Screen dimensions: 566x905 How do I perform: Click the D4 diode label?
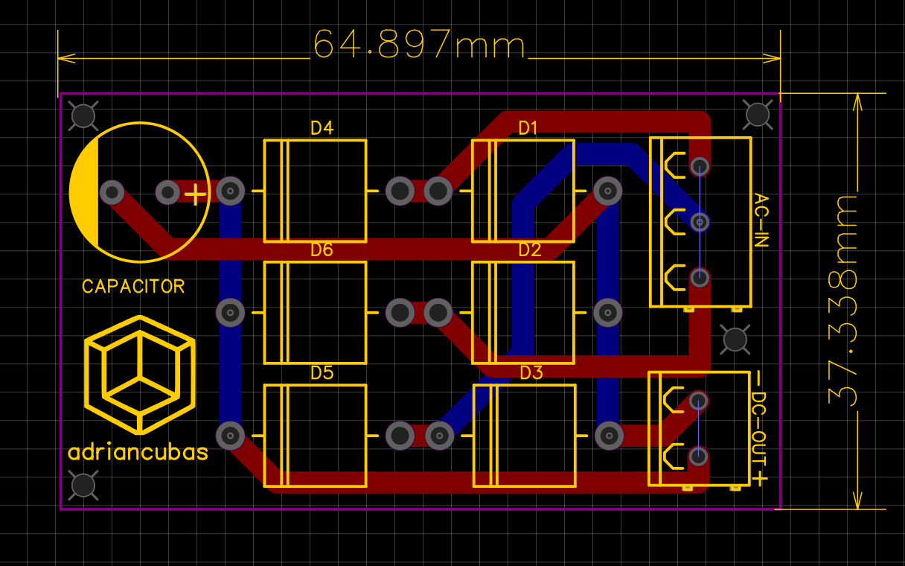pyautogui.click(x=322, y=128)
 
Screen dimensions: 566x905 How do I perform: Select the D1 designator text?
pyautogui.click(x=528, y=128)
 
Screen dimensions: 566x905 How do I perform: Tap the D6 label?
pyautogui.click(x=322, y=249)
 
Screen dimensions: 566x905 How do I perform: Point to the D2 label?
pyautogui.click(x=529, y=249)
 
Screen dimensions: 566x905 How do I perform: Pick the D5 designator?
pyautogui.click(x=322, y=372)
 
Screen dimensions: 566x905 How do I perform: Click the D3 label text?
pyautogui.click(x=531, y=372)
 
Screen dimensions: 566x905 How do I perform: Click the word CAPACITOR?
pyautogui.click(x=133, y=286)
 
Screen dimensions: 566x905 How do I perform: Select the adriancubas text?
pyautogui.click(x=138, y=452)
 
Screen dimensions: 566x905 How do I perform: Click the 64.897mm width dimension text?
pyautogui.click(x=419, y=45)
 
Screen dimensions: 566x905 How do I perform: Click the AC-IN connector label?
pyautogui.click(x=761, y=220)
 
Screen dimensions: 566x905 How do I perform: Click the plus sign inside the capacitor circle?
pyautogui.click(x=195, y=195)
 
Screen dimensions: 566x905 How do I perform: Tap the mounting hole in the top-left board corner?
pyautogui.click(x=83, y=115)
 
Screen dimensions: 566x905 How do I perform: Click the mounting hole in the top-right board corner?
pyautogui.click(x=758, y=114)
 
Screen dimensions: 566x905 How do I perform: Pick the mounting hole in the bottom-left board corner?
pyautogui.click(x=83, y=485)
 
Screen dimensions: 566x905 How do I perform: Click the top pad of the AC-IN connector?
pyautogui.click(x=699, y=165)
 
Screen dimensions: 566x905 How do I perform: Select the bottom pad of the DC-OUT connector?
pyautogui.click(x=697, y=455)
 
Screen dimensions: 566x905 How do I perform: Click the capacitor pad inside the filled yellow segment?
pyautogui.click(x=112, y=193)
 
